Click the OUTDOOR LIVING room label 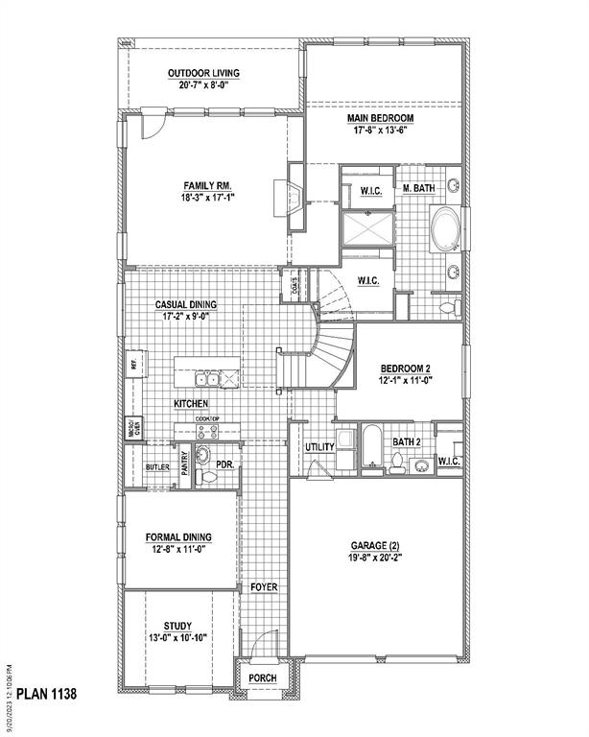point(202,73)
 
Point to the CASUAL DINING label point(186,305)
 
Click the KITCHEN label point(193,404)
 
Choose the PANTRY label point(183,464)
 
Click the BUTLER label point(157,467)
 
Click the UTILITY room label point(318,448)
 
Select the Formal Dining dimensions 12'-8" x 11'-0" point(178,549)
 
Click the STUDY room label point(177,625)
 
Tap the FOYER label point(264,586)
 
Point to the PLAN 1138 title point(46,692)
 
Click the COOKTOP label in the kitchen point(209,420)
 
